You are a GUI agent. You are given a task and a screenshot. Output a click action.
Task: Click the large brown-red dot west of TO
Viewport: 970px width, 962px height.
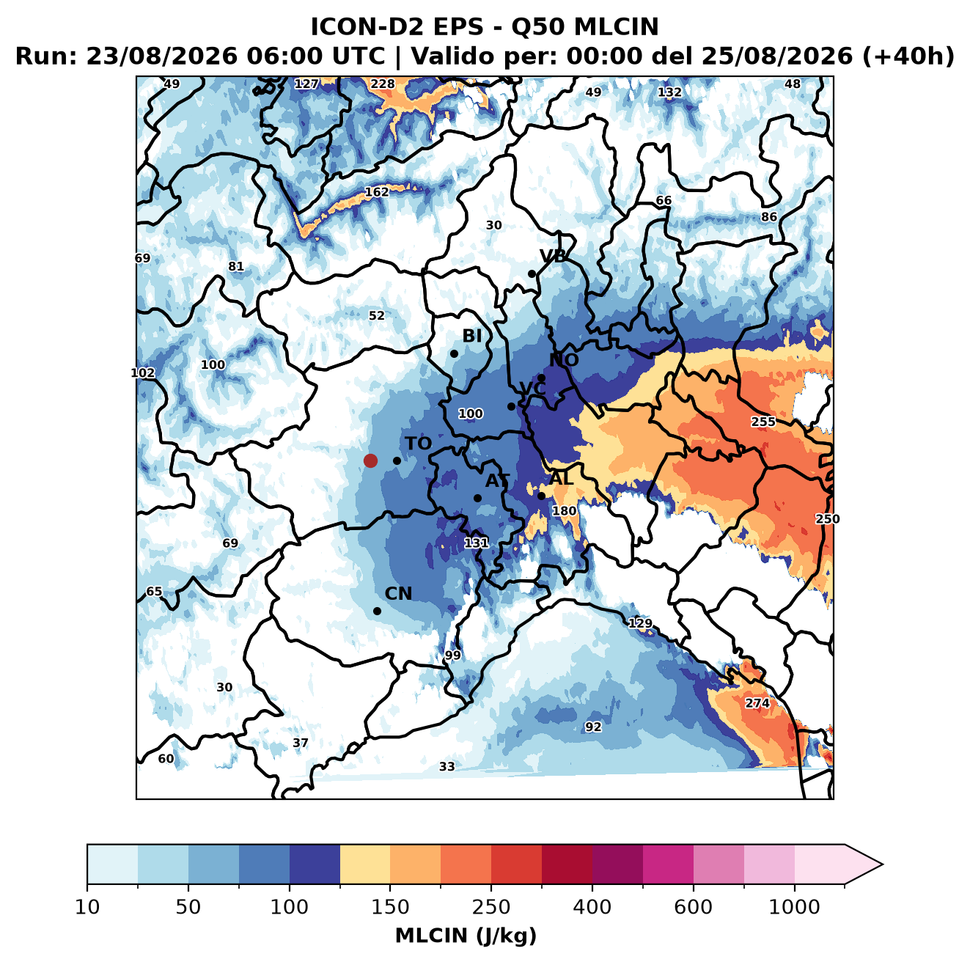click(x=370, y=460)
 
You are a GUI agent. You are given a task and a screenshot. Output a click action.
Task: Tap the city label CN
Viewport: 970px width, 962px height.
click(x=398, y=593)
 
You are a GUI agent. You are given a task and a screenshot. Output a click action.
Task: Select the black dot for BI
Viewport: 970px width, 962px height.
click(x=454, y=354)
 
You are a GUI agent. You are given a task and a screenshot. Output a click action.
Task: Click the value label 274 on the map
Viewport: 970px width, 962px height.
click(x=757, y=702)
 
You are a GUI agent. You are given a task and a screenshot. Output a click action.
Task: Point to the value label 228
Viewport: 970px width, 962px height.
click(x=383, y=84)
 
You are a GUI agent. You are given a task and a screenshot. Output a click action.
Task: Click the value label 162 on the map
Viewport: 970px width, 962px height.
click(x=377, y=192)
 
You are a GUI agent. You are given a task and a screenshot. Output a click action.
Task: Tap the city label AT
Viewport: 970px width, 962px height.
click(x=497, y=481)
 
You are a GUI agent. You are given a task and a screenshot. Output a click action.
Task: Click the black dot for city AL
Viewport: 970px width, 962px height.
click(x=541, y=496)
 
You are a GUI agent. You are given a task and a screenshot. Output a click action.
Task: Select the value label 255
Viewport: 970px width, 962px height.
click(x=763, y=422)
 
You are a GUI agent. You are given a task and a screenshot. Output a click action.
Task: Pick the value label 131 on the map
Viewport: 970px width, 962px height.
click(x=476, y=543)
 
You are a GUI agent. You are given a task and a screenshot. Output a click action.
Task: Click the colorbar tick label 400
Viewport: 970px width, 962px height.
click(x=592, y=906)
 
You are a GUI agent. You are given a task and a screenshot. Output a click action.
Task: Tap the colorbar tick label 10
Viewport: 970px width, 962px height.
click(x=87, y=906)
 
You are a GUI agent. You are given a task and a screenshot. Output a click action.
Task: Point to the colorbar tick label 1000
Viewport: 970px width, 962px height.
click(x=794, y=906)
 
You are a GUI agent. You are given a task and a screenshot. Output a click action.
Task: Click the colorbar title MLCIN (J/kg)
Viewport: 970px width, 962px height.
click(x=466, y=936)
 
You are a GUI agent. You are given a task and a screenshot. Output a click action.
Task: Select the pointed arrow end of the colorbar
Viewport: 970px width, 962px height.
click(x=883, y=864)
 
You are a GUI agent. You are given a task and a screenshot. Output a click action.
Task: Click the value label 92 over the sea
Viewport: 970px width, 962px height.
click(x=593, y=727)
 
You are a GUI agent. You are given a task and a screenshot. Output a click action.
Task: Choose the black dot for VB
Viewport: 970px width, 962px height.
click(x=532, y=273)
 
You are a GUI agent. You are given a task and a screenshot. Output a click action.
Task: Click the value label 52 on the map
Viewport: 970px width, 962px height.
click(x=377, y=315)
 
